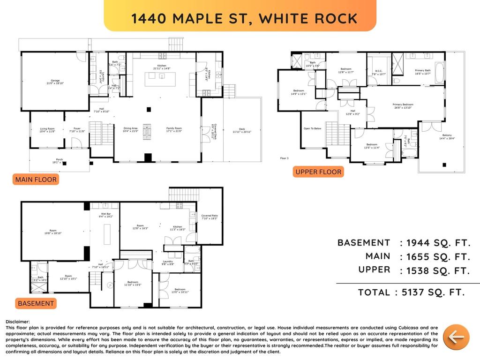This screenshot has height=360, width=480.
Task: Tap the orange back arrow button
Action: (456, 337)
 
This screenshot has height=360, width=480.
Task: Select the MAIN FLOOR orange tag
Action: (36, 180)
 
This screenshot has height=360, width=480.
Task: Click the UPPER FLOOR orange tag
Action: (318, 172)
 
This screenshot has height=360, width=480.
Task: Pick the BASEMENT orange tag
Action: (36, 303)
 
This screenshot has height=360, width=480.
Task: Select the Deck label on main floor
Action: (242, 130)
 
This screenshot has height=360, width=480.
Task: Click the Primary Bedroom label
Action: (403, 106)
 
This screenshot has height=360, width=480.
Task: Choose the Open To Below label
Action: (312, 128)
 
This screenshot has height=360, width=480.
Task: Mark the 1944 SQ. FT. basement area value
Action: (438, 243)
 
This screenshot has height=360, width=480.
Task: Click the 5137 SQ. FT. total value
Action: (430, 292)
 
